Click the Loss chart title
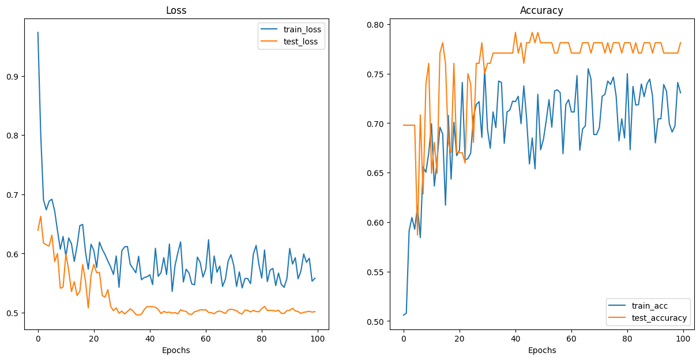point(176,10)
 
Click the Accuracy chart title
point(541,10)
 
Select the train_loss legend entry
point(298,29)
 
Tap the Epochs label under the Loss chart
point(176,350)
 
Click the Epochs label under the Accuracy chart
point(541,350)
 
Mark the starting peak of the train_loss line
point(38,32)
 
